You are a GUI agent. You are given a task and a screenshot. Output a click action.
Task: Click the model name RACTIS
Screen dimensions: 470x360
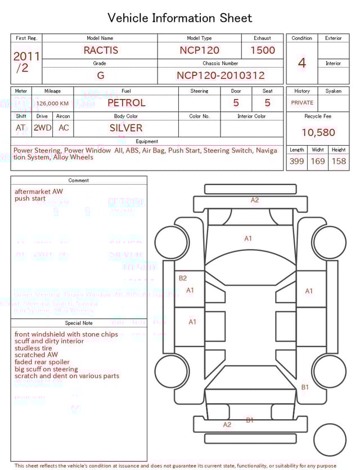pos(101,50)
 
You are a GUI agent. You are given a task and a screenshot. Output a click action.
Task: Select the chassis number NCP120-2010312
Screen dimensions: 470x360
pos(220,75)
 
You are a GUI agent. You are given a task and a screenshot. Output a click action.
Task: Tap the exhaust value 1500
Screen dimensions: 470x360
pos(263,50)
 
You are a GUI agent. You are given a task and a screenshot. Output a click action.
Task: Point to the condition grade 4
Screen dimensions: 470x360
pos(301,63)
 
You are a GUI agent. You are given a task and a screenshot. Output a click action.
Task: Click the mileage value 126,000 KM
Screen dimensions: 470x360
pos(53,104)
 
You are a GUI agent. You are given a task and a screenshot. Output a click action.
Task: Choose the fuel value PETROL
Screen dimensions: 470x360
pos(126,103)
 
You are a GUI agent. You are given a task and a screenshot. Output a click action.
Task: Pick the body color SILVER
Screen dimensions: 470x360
pos(126,128)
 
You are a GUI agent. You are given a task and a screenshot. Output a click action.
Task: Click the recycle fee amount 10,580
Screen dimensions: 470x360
pos(318,133)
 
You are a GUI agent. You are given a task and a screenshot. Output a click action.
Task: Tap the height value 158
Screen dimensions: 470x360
pos(339,162)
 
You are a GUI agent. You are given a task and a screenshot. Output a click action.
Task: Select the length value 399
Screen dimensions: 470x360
pos(296,162)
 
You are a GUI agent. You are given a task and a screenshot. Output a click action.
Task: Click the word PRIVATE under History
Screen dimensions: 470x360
pos(302,103)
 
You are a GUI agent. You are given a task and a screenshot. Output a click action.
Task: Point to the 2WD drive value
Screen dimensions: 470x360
pos(42,128)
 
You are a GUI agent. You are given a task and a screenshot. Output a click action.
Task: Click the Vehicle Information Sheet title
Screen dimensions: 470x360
pos(180,18)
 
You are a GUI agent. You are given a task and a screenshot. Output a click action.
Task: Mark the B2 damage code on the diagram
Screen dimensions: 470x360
pos(182,278)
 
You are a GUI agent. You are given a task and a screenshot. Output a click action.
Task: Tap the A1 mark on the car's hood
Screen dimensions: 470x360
pos(248,239)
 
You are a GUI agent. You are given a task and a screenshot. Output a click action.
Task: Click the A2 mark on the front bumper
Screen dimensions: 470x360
pos(255,200)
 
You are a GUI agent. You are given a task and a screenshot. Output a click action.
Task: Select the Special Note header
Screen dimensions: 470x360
pos(79,323)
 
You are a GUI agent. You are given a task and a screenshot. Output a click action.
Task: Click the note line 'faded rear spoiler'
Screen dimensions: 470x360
pos(42,362)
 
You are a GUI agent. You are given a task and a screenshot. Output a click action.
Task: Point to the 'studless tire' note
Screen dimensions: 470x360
pos(33,348)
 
